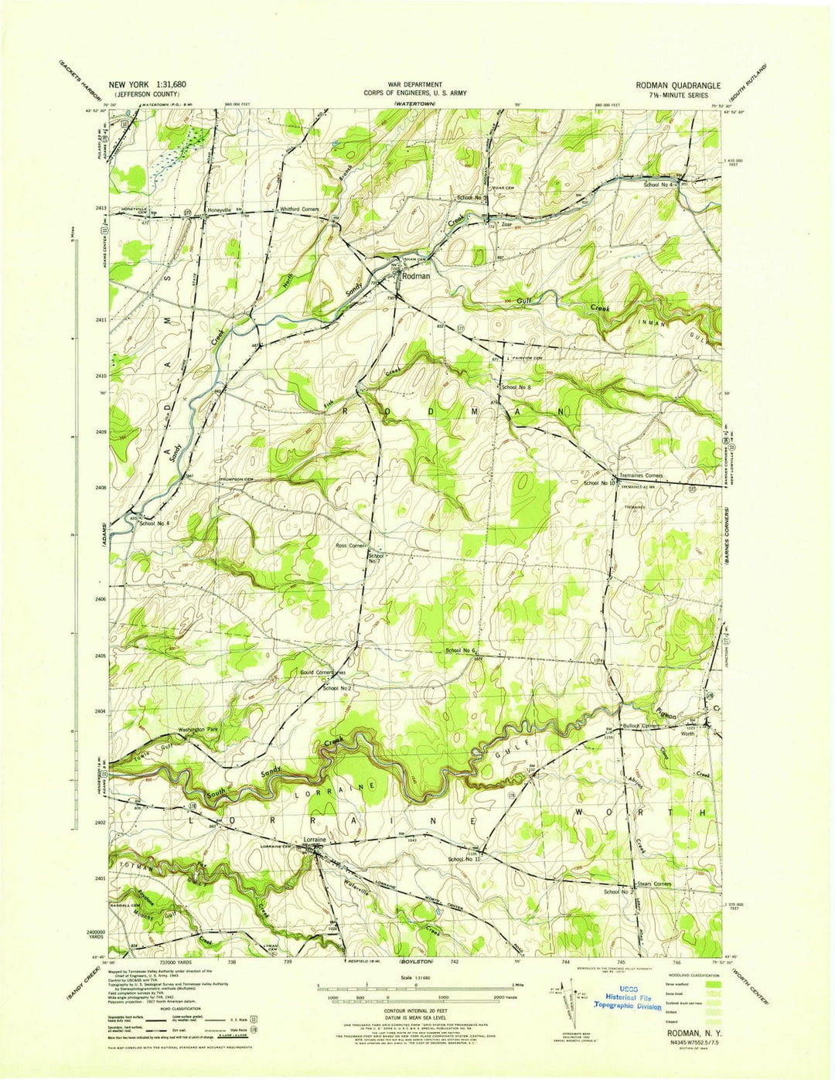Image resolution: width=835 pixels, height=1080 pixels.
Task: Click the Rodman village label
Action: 416,276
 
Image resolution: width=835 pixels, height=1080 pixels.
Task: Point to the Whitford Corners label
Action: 301,210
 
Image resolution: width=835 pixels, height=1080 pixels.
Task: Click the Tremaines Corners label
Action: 639,475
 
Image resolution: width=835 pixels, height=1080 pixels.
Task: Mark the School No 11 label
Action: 464,859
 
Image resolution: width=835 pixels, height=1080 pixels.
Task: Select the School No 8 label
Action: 515,387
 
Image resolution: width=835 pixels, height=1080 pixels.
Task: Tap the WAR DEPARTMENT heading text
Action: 416,84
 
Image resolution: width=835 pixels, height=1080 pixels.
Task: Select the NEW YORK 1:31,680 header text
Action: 147,85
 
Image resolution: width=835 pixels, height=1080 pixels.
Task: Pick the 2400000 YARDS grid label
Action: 92,936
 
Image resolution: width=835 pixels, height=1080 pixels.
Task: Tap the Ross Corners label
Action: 350,546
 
